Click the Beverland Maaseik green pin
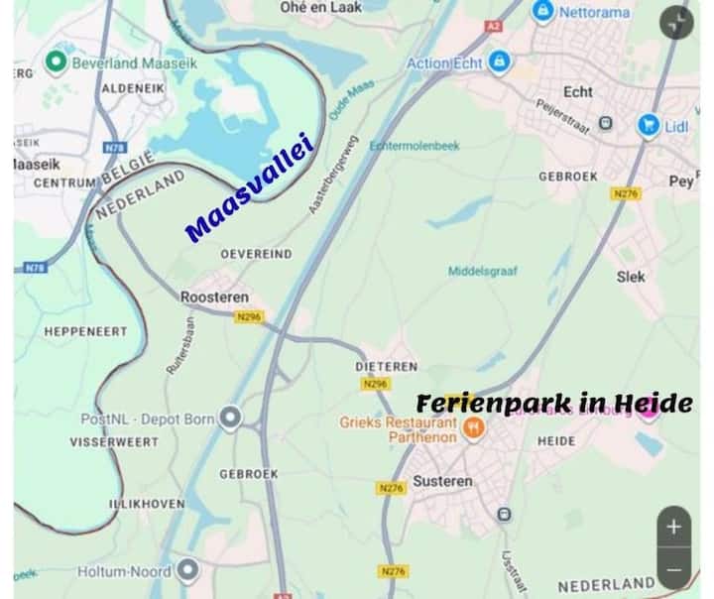coord(57,63)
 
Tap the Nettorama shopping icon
coord(542,12)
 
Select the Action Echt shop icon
coord(499,61)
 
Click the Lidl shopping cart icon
coord(650,125)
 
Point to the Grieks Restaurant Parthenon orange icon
coord(474,428)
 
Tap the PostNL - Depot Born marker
coord(231,419)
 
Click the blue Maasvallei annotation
coord(250,189)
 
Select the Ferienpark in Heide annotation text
coord(554,404)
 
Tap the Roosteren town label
coord(214,297)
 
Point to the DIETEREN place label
coord(386,366)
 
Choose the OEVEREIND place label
coord(256,254)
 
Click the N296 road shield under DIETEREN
coord(375,384)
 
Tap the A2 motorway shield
coord(494,27)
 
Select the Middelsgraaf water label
coord(483,271)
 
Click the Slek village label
coord(631,277)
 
